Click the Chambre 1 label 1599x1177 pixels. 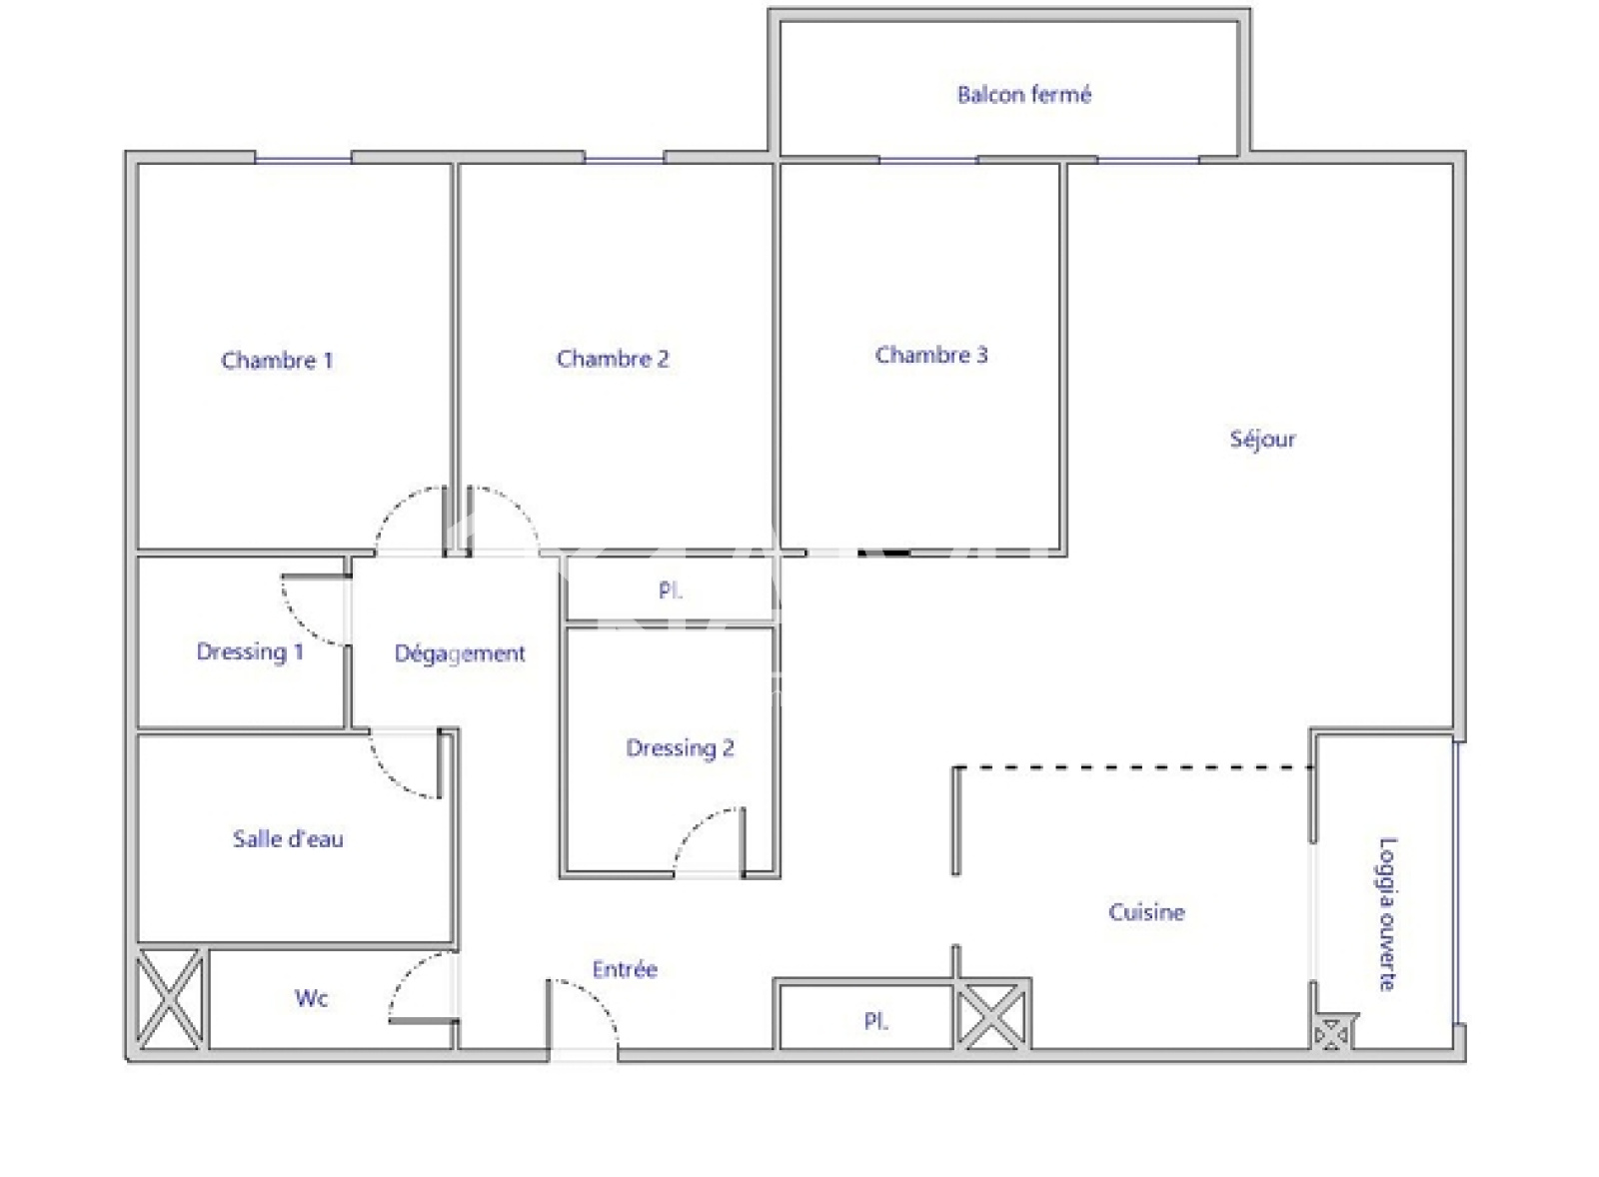(277, 361)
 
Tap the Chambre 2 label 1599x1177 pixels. (613, 359)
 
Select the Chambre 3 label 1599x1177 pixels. (931, 355)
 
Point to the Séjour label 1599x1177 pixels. (1262, 439)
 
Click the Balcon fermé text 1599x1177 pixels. (1024, 94)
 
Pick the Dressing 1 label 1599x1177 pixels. (250, 651)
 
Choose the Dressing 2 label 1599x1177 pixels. (680, 748)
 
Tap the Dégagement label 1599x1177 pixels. (460, 653)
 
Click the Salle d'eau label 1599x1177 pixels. (288, 838)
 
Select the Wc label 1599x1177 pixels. (311, 998)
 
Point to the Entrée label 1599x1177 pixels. (625, 969)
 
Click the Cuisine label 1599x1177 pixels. (1146, 912)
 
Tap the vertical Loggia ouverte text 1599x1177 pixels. (1387, 914)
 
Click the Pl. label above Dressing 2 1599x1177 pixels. (670, 591)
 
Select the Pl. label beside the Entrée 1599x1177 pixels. (875, 1021)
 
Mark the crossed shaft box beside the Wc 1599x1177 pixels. (170, 999)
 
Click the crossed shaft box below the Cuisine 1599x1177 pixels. (990, 1016)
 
